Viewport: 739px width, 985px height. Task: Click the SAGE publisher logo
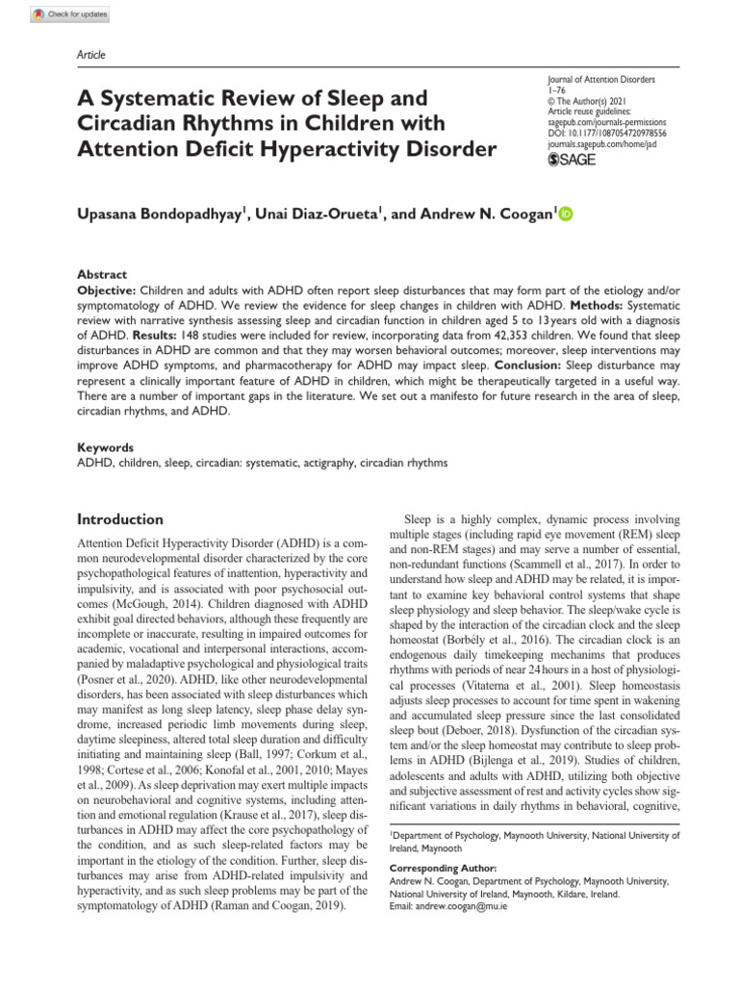coord(572,161)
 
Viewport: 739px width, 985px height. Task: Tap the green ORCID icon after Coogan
coord(565,214)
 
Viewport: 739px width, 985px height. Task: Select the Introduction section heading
coord(120,519)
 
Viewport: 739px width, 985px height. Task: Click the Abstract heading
coord(101,274)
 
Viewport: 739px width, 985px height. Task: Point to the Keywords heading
coord(105,448)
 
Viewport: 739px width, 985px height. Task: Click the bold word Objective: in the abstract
coord(107,290)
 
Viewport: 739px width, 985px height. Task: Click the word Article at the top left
coord(90,56)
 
